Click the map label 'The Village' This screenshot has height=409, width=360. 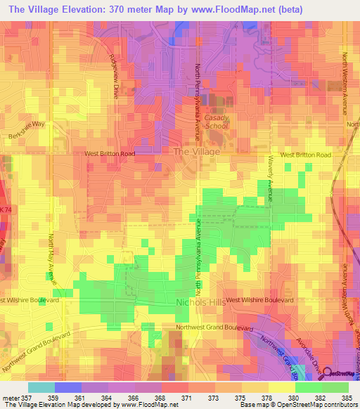coord(196,151)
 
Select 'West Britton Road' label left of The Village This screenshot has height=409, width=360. coord(110,152)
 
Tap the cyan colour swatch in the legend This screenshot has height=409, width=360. coord(41,387)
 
